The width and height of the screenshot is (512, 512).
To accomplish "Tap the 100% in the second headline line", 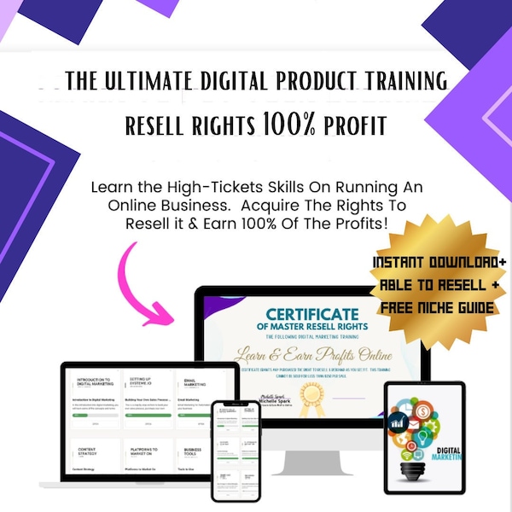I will pos(290,125).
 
